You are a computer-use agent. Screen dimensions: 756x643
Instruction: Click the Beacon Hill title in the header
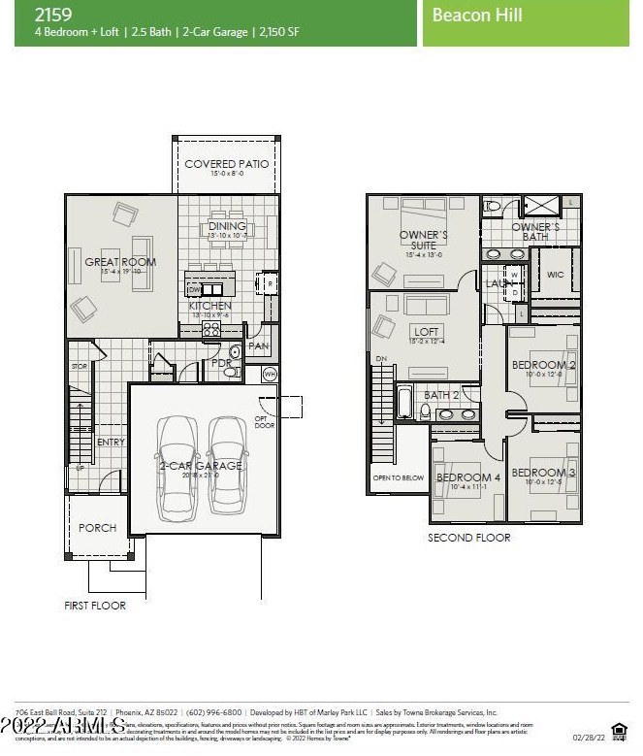477,15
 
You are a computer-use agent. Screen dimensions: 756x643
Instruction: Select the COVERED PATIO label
227,164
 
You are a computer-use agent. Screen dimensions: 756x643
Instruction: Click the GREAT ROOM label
120,261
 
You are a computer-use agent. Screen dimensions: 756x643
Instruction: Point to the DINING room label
227,226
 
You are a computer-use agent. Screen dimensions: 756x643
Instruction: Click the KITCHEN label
210,306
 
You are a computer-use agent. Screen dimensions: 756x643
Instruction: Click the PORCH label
97,528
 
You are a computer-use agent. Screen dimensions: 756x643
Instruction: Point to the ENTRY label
111,443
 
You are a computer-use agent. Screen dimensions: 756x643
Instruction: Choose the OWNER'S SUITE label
423,241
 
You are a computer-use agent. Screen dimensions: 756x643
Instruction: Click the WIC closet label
555,275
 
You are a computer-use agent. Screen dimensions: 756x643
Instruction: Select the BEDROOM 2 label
544,365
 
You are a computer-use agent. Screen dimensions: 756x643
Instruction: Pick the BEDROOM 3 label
544,472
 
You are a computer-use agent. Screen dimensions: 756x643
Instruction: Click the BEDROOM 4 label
468,477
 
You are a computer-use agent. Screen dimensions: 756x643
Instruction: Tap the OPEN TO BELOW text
398,477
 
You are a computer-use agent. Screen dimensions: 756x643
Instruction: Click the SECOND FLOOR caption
469,537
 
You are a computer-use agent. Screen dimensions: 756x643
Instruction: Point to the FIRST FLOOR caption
95,605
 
